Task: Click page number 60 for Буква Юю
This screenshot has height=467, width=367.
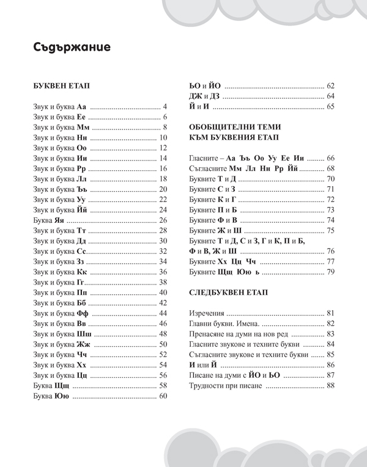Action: pyautogui.click(x=163, y=397)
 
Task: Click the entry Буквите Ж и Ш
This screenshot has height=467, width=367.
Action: pyautogui.click(x=217, y=230)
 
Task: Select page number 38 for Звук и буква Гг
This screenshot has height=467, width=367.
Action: pyautogui.click(x=163, y=282)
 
